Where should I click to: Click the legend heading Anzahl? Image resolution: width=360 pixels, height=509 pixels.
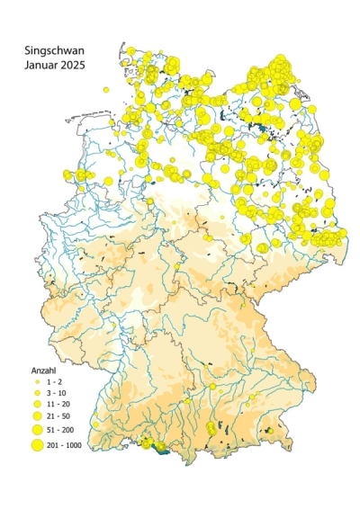point(43,370)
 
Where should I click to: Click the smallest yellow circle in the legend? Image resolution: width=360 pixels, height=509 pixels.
point(38,382)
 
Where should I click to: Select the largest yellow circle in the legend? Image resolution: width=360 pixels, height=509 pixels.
point(38,443)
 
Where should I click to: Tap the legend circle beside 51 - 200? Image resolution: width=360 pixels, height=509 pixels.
point(38,430)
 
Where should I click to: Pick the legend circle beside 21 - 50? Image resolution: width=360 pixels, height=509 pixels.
point(38,417)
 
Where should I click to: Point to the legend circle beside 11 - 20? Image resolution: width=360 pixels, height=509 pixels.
point(38,406)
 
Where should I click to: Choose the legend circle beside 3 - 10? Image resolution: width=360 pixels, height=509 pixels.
point(38,394)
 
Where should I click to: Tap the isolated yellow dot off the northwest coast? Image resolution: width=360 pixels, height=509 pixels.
point(105,90)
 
